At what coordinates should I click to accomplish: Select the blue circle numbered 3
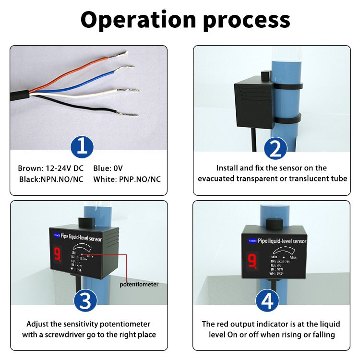tap(85, 301)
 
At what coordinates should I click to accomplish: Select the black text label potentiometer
tap(139, 284)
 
